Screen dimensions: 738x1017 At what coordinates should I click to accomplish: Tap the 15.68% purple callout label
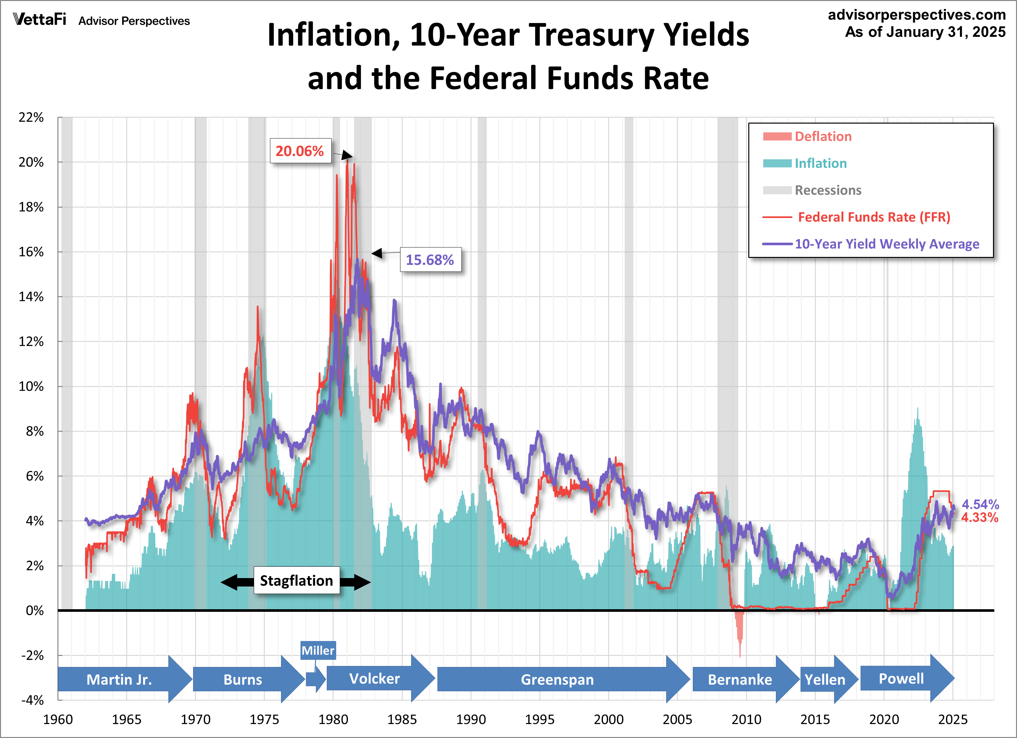(x=430, y=260)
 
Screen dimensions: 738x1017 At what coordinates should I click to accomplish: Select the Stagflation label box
(x=296, y=581)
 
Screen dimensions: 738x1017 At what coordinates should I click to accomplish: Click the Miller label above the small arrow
(x=317, y=650)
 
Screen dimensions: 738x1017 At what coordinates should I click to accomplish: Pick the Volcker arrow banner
(x=374, y=679)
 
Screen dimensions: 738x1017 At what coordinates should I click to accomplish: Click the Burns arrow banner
(x=243, y=680)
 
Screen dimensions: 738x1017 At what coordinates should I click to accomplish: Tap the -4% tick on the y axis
(x=32, y=700)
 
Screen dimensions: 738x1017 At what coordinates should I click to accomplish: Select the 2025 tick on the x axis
(x=953, y=720)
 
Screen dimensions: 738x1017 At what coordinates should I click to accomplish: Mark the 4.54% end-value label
(x=980, y=504)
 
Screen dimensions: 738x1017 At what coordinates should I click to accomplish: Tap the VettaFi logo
(x=40, y=20)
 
